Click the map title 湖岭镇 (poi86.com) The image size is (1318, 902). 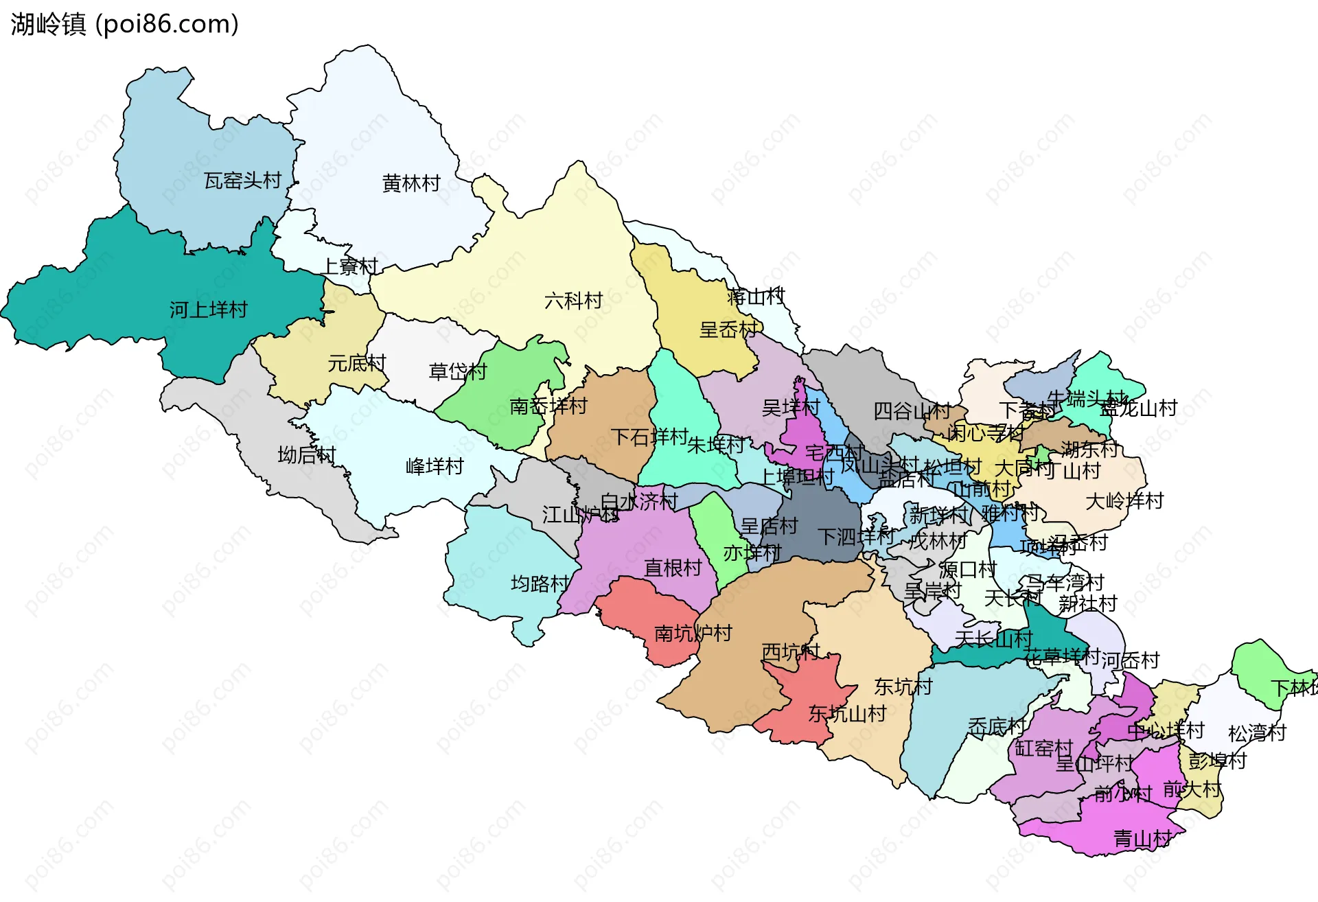pyautogui.click(x=124, y=25)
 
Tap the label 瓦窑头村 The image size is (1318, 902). pyautogui.click(x=243, y=181)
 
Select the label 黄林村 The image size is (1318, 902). pyautogui.click(x=411, y=183)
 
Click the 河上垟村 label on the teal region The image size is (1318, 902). pyautogui.click(x=209, y=310)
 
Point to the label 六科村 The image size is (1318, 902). pyautogui.click(x=573, y=300)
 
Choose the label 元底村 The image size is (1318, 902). pyautogui.click(x=357, y=363)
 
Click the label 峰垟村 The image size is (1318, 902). pyautogui.click(x=435, y=466)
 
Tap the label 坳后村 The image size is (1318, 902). pyautogui.click(x=307, y=454)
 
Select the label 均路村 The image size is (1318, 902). pyautogui.click(x=540, y=583)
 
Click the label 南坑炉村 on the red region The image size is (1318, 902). pyautogui.click(x=693, y=633)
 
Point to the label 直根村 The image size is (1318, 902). pyautogui.click(x=673, y=568)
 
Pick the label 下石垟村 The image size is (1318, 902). pyautogui.click(x=649, y=437)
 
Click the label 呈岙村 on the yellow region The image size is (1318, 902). pyautogui.click(x=728, y=329)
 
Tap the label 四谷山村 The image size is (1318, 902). pyautogui.click(x=912, y=411)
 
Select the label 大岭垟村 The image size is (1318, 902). pyautogui.click(x=1124, y=500)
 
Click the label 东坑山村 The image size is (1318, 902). pyautogui.click(x=848, y=714)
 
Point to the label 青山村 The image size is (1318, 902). pyautogui.click(x=1142, y=838)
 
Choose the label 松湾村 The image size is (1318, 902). pyautogui.click(x=1257, y=733)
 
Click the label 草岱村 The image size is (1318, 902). pyautogui.click(x=458, y=371)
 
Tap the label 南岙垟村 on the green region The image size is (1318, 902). pyautogui.click(x=548, y=406)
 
